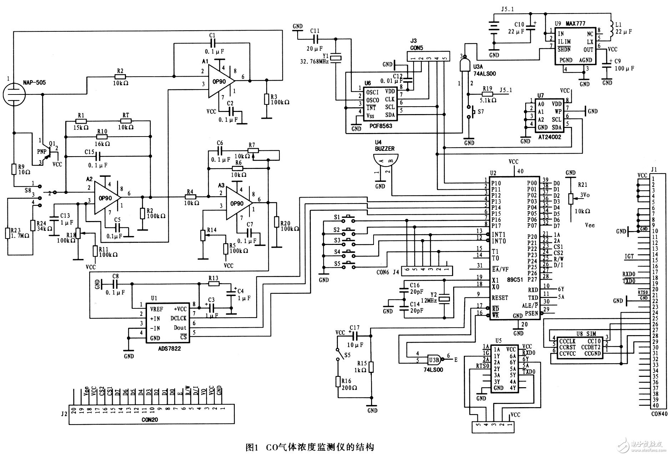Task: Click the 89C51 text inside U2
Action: click(x=515, y=280)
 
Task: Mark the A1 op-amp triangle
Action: click(x=221, y=81)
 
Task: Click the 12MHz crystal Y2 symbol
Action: click(x=444, y=299)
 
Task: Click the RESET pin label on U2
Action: click(x=500, y=298)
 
